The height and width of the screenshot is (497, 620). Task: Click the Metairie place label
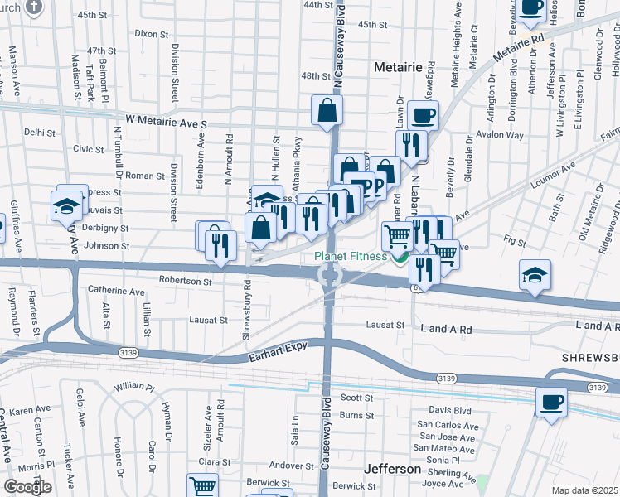[398, 66]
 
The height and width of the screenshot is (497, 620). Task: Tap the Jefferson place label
[392, 469]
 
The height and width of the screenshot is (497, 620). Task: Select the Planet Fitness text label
[351, 256]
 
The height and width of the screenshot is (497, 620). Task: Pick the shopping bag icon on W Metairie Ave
[327, 109]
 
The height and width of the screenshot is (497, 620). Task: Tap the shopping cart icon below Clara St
[202, 486]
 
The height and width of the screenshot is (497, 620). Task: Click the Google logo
[27, 487]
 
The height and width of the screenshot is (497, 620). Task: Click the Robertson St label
[186, 281]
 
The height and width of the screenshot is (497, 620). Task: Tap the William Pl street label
[134, 387]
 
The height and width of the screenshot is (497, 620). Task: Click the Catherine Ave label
[116, 292]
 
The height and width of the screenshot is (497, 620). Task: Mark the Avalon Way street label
[505, 135]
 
